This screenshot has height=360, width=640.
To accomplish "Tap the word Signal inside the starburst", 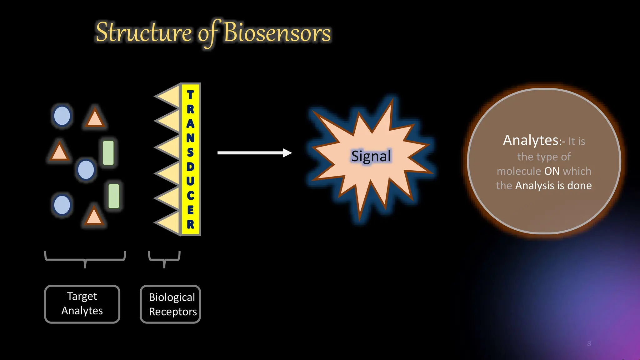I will pyautogui.click(x=371, y=156).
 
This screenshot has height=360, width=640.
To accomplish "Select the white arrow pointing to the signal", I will pyautogui.click(x=254, y=153).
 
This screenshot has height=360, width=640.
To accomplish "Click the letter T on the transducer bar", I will pyautogui.click(x=190, y=95).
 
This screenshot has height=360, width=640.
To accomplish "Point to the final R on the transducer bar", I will pyautogui.click(x=190, y=224).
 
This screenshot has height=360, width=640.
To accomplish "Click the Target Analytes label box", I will pyautogui.click(x=82, y=304).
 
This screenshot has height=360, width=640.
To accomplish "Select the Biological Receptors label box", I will pyautogui.click(x=170, y=304).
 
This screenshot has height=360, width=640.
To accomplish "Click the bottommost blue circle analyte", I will pyautogui.click(x=62, y=205).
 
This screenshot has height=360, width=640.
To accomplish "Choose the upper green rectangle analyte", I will pyautogui.click(x=108, y=153).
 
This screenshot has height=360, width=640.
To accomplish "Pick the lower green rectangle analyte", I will pyautogui.click(x=114, y=196).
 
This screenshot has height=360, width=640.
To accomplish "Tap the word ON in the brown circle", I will pyautogui.click(x=552, y=171).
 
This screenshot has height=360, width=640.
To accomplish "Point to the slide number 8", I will pyautogui.click(x=589, y=344).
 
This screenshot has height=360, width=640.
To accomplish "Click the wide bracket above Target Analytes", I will pyautogui.click(x=85, y=259).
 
